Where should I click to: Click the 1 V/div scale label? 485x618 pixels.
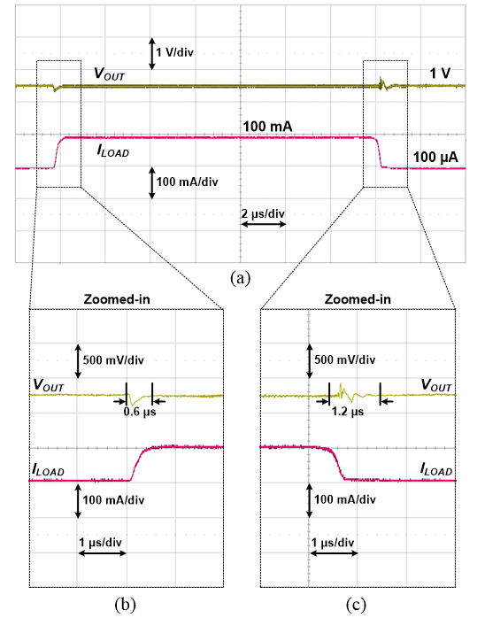(x=174, y=52)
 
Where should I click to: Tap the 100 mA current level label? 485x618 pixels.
(x=267, y=127)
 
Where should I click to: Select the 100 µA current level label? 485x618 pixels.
(x=435, y=158)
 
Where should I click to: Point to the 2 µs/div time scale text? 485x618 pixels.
(x=263, y=213)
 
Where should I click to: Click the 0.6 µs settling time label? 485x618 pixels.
(x=140, y=412)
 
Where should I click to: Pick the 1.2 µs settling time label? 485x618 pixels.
(x=348, y=412)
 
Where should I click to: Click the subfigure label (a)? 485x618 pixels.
(x=241, y=278)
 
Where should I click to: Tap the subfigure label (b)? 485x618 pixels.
(x=126, y=604)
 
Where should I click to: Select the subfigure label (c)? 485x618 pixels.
(x=356, y=604)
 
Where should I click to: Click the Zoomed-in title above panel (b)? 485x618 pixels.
(x=117, y=299)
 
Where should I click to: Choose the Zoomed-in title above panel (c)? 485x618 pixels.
(x=358, y=299)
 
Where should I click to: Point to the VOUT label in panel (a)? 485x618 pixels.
(x=109, y=73)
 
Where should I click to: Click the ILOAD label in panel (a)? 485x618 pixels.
(x=113, y=151)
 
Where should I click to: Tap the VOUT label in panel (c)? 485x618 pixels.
(x=436, y=385)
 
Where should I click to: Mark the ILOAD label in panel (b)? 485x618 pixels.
(x=48, y=470)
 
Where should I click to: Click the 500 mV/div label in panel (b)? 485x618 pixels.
(x=113, y=360)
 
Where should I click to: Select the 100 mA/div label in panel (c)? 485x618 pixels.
(x=345, y=499)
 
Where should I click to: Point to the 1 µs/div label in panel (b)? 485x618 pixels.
(x=101, y=543)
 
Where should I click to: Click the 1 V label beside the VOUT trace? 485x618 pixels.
(x=440, y=73)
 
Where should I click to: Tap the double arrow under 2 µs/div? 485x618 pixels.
(x=263, y=224)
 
